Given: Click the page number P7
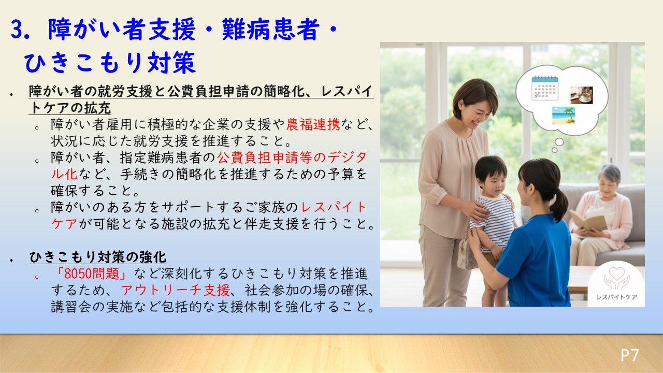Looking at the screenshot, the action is pyautogui.click(x=630, y=355).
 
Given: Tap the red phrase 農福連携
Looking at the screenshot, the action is pyautogui.click(x=313, y=125).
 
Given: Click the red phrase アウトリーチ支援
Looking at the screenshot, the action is pyautogui.click(x=175, y=290).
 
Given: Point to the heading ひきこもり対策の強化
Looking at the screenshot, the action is pyautogui.click(x=98, y=256).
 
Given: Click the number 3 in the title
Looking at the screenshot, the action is pyautogui.click(x=17, y=30).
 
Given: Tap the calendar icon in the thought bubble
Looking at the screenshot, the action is pyautogui.click(x=545, y=88).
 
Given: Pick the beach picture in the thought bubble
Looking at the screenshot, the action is pyautogui.click(x=564, y=115).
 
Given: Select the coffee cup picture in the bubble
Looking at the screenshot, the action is pyautogui.click(x=582, y=95).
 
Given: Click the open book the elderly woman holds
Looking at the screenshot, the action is pyautogui.click(x=588, y=220).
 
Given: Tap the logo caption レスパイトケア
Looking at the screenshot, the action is pyautogui.click(x=616, y=297).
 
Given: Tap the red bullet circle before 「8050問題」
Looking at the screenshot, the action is pyautogui.click(x=37, y=277).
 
